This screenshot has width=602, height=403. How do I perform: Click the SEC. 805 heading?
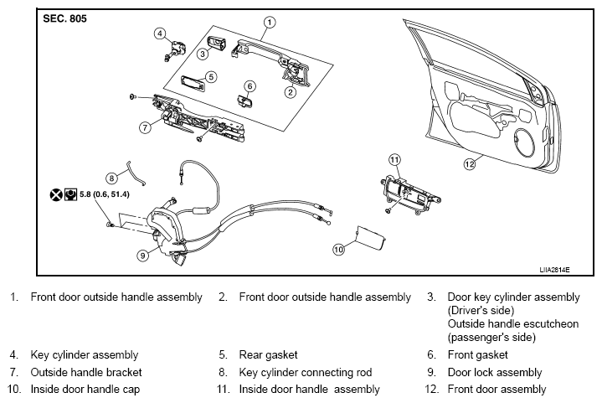coord(64,18)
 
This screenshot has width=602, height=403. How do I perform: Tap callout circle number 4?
coord(160,34)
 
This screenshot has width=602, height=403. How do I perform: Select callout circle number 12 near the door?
coord(470,164)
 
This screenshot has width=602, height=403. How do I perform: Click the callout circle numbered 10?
coord(338,250)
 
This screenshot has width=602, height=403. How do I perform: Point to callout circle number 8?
coord(111,178)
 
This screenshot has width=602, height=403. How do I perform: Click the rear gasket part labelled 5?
coord(193,83)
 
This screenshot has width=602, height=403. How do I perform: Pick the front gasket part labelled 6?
coord(244,101)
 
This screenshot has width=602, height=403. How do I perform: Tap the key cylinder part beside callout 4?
coord(176,50)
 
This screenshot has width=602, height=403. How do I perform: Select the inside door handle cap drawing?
coord(370,238)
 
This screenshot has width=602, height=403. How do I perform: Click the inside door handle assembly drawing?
coord(410,194)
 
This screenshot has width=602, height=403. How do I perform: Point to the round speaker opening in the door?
coord(524,142)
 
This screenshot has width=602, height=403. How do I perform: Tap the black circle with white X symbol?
coord(56,194)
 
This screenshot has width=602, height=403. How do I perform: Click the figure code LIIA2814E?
coord(554,270)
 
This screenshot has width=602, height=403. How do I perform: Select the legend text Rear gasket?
coord(268,354)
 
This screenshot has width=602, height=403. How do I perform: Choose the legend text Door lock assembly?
coord(495,372)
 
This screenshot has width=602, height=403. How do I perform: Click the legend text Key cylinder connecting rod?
coord(306,372)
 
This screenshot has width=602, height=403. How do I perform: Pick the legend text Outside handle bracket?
coord(86,372)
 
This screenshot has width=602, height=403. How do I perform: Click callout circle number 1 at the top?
coord(270,23)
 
